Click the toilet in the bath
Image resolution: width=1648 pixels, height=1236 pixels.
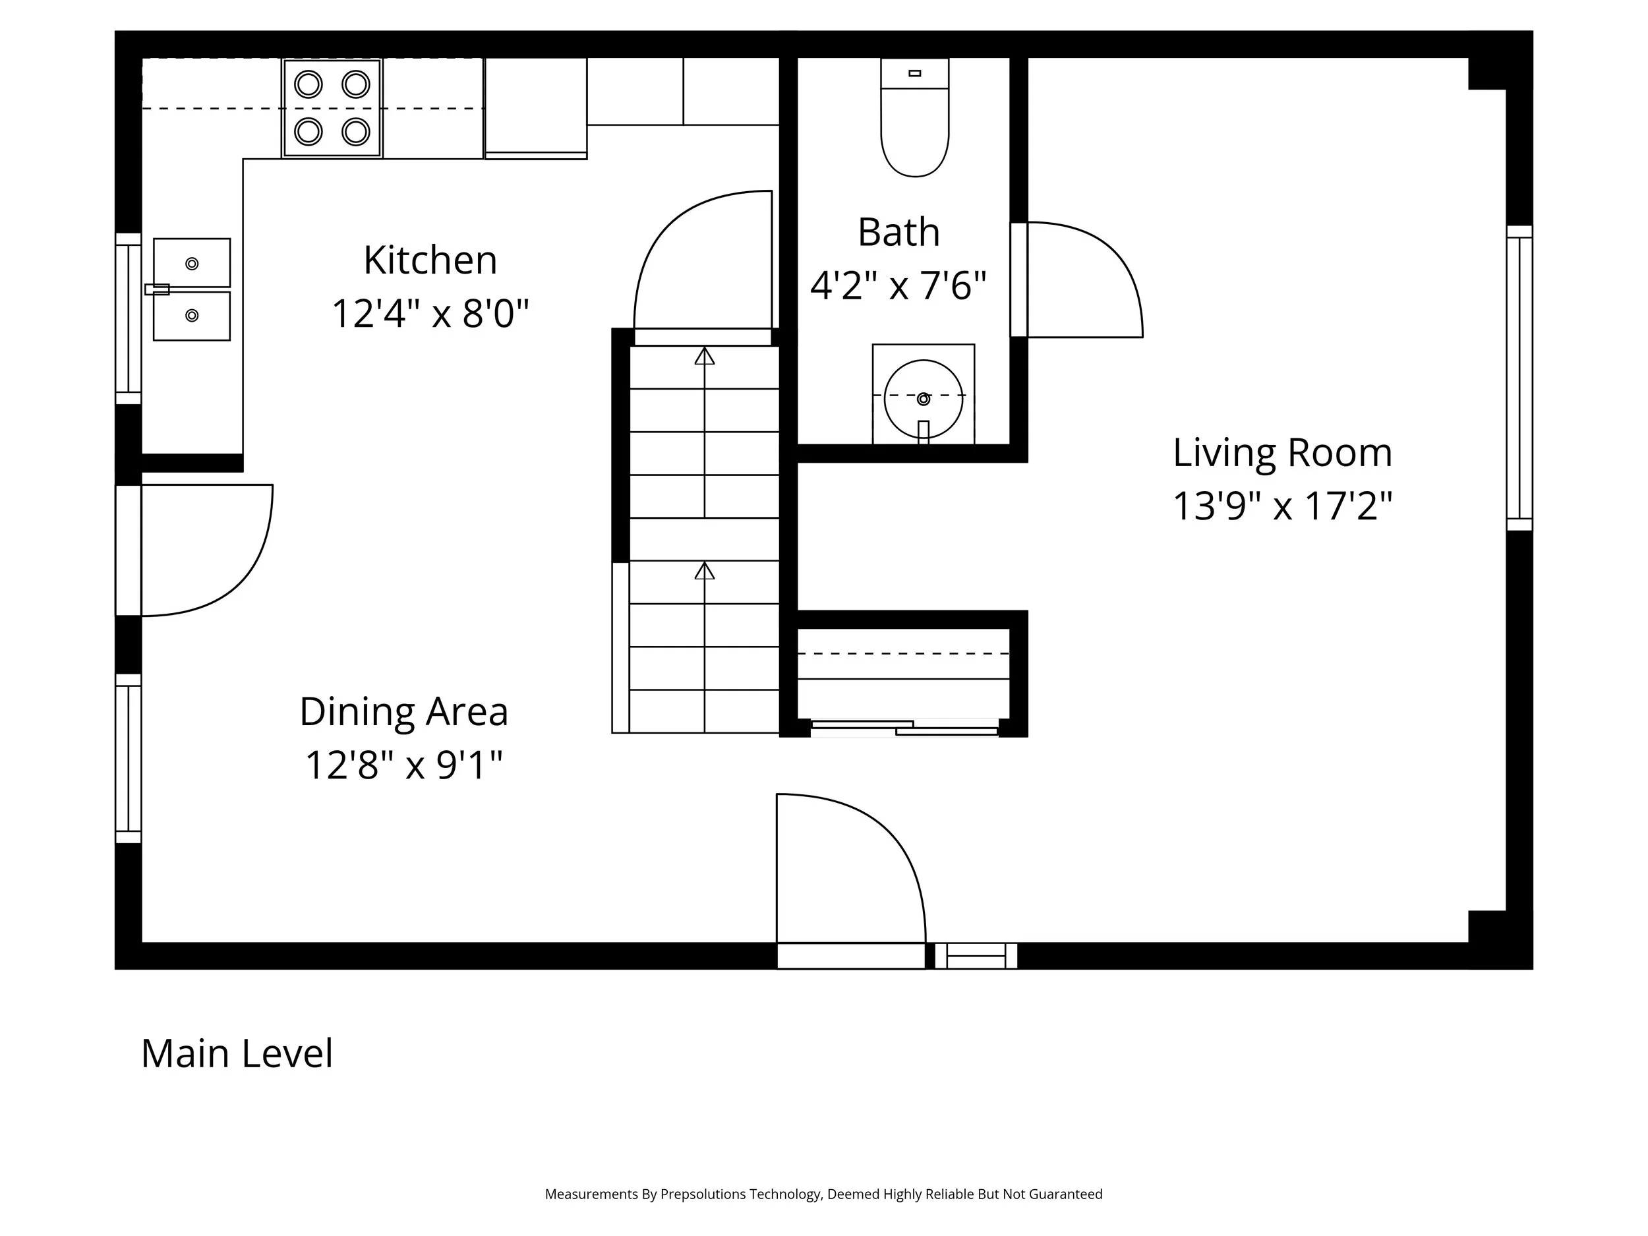click(915, 127)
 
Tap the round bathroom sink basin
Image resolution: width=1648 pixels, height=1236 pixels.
click(923, 399)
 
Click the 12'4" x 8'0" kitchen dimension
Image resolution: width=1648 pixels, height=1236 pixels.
click(430, 313)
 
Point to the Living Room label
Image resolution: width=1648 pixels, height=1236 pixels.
click(1282, 452)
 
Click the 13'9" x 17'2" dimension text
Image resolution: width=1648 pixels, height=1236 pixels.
click(1282, 506)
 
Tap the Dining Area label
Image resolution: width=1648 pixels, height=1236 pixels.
click(404, 711)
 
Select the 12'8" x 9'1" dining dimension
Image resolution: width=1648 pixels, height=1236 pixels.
click(404, 765)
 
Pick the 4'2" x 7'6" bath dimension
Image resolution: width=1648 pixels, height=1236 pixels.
click(898, 285)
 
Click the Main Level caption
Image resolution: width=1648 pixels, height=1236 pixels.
click(237, 1053)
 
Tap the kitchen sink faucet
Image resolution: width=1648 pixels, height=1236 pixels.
click(157, 289)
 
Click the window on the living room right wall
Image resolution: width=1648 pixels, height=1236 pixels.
click(1519, 378)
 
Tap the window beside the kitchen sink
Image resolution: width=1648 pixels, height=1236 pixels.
click(128, 319)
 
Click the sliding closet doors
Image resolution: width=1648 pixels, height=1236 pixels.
click(904, 728)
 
